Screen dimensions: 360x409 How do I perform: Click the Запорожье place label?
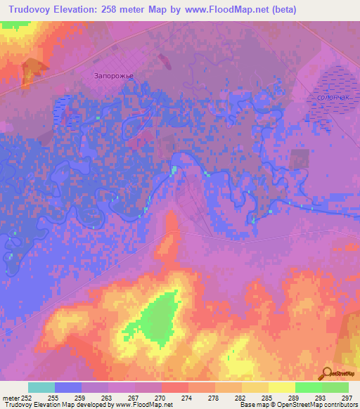tap(114, 73)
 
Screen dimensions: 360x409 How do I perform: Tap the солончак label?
tap(333, 98)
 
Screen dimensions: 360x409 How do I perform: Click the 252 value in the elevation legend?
tap(27, 398)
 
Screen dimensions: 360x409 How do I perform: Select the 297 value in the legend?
tap(348, 398)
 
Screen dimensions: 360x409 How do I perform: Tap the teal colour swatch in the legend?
tap(41, 387)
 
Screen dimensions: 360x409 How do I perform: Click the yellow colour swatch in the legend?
tap(282, 387)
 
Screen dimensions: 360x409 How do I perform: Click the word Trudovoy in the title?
tap(36, 10)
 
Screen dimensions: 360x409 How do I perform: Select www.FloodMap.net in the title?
tap(219, 10)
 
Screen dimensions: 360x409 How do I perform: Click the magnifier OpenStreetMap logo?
tap(327, 373)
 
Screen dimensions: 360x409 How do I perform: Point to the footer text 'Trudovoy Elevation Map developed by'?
tap(51, 405)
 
